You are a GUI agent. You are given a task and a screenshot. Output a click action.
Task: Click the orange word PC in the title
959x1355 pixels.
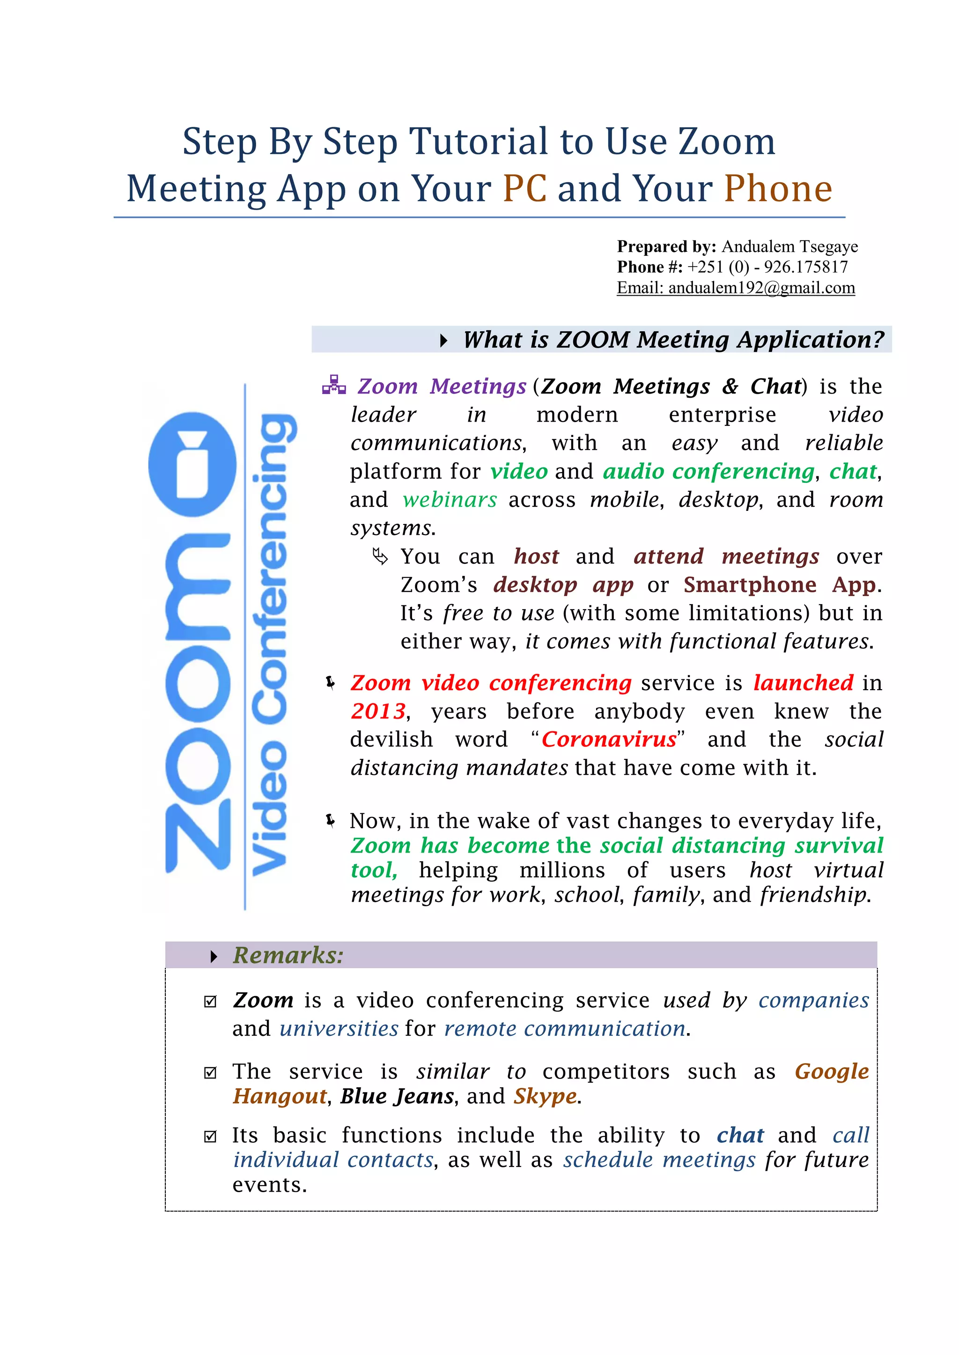pos(524,189)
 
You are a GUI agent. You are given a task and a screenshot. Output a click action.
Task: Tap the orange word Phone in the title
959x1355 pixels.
pos(778,189)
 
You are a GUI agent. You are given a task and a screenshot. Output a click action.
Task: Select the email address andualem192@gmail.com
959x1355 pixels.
pos(761,288)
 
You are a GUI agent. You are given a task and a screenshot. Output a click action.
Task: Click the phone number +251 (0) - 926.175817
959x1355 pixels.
pos(767,267)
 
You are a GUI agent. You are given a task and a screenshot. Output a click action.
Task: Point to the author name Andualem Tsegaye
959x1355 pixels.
pos(789,247)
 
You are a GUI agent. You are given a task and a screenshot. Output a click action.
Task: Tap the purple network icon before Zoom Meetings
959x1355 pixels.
pos(334,386)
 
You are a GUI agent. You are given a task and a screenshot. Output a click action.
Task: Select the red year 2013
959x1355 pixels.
pos(378,711)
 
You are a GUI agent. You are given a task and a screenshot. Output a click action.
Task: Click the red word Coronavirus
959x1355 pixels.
pos(609,739)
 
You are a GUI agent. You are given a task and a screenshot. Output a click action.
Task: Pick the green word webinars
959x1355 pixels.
pos(450,500)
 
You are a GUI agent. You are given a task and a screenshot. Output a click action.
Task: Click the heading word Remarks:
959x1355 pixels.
pos(288,955)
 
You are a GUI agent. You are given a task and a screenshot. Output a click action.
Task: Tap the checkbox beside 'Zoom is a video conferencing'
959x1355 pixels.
pos(210,1001)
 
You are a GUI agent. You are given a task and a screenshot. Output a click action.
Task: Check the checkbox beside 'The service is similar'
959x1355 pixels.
pos(210,1072)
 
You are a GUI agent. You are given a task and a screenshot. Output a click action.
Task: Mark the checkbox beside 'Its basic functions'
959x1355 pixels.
pos(210,1136)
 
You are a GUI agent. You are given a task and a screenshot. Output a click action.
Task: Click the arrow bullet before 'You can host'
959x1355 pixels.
pos(380,556)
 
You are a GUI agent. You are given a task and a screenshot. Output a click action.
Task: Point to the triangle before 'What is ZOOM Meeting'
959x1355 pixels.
pos(443,341)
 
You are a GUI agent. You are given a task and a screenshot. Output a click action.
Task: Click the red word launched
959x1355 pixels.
pos(803,683)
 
